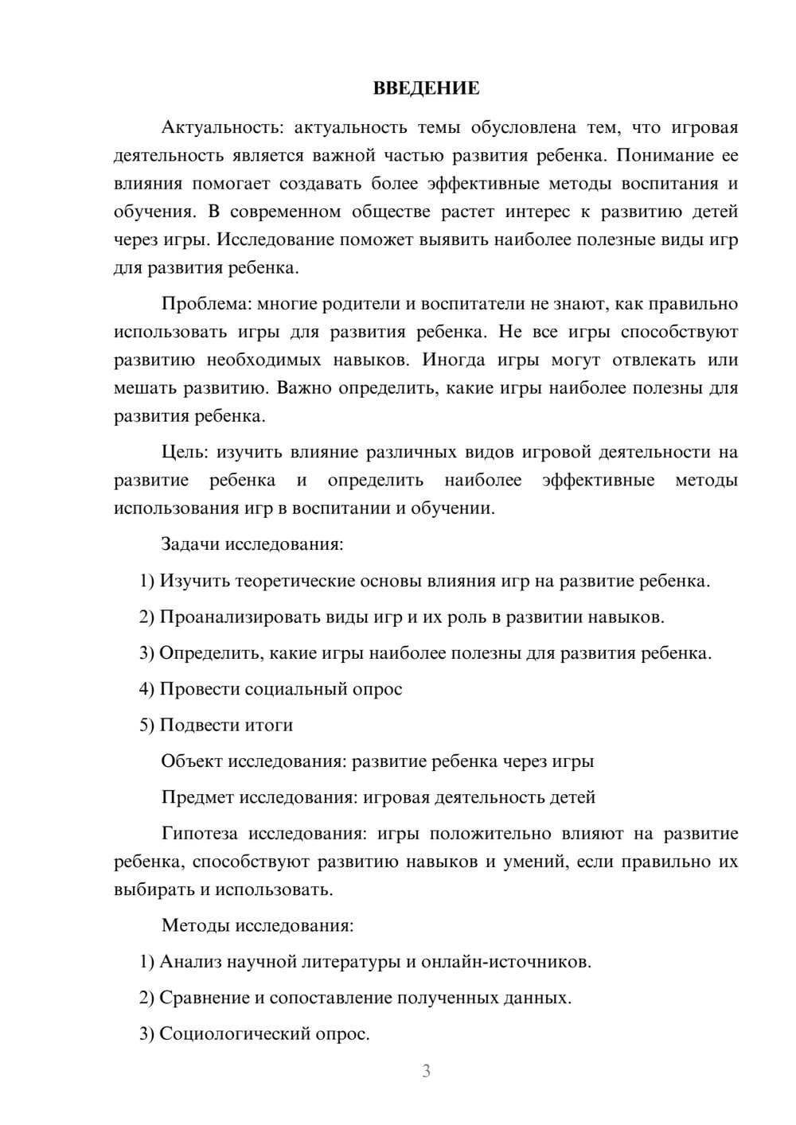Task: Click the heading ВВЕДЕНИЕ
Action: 426,88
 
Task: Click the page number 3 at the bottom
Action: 426,1071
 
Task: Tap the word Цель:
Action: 185,452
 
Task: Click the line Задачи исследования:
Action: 252,544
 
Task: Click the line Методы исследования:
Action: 257,925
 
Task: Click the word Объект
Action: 192,761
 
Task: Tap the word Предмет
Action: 197,796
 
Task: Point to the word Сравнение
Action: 204,998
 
